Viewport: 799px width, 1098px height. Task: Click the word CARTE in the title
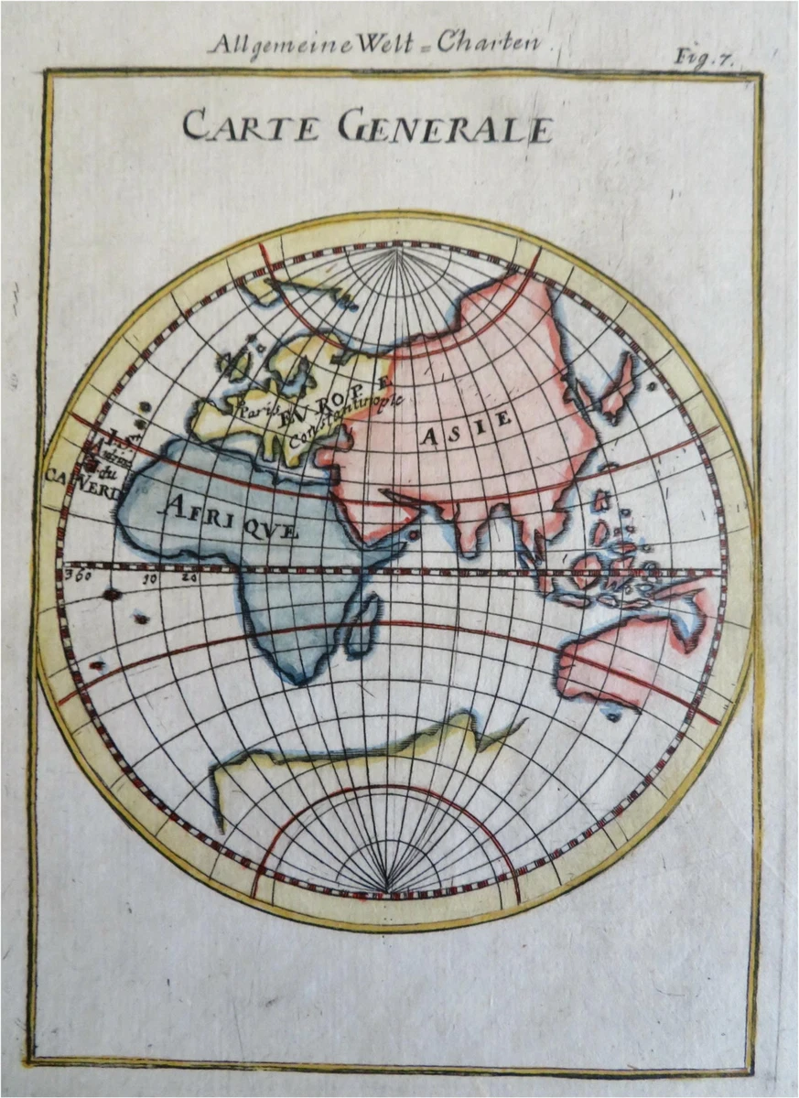pyautogui.click(x=252, y=125)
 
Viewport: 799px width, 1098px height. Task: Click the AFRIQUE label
pyautogui.click(x=229, y=515)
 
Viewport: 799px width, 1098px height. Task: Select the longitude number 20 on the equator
pyautogui.click(x=189, y=577)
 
